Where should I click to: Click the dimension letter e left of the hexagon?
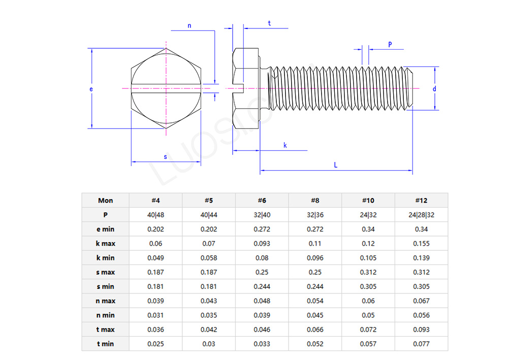[91, 89]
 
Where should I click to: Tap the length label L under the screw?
[336, 165]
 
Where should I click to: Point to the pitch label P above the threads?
[390, 44]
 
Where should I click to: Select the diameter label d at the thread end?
[434, 89]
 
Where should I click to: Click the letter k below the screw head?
[285, 145]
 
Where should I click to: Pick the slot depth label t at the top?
[269, 23]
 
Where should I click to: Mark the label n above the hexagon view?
[189, 25]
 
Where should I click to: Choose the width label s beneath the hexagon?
[165, 157]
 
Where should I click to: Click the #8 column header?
[315, 200]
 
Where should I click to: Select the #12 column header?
[421, 200]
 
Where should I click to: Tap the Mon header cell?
[105, 200]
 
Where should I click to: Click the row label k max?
[105, 243]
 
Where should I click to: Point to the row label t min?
[105, 344]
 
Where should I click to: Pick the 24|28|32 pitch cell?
[421, 215]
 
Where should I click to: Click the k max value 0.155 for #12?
[421, 243]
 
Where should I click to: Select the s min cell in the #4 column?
[155, 286]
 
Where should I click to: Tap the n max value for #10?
[368, 301]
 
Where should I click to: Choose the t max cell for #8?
[315, 330]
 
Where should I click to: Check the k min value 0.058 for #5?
[209, 257]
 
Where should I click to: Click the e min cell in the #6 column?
[262, 229]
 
